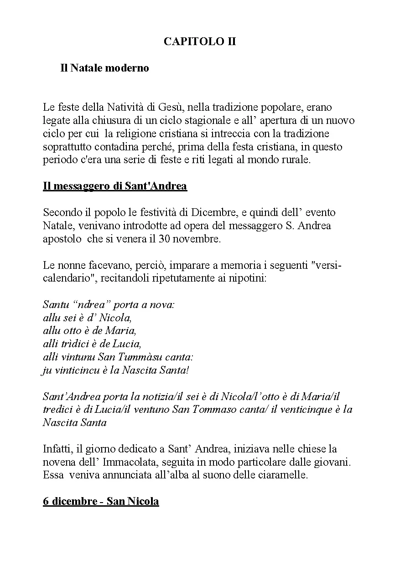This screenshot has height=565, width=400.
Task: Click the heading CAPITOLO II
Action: click(x=200, y=42)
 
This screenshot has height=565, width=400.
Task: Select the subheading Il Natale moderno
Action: click(x=104, y=68)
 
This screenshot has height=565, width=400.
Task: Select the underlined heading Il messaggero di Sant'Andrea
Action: click(x=115, y=186)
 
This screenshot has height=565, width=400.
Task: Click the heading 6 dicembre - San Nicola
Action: click(x=101, y=502)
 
